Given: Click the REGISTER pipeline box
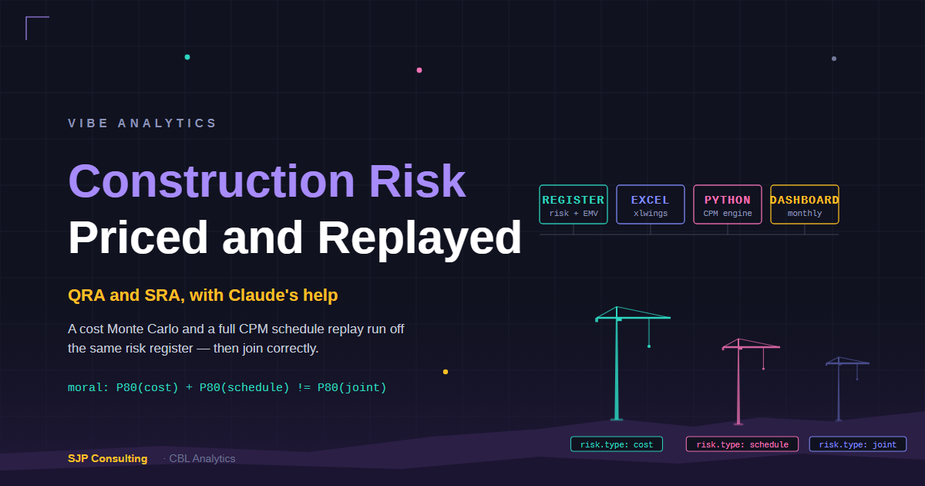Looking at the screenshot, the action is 573,204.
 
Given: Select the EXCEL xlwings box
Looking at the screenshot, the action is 651,204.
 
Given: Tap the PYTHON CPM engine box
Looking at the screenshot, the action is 728,204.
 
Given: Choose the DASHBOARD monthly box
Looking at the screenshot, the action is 805,204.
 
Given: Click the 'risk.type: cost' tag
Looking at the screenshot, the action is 617,444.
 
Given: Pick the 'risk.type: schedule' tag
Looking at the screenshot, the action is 742,444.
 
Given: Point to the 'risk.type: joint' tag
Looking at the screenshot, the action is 858,444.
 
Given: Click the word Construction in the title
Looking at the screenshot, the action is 211,181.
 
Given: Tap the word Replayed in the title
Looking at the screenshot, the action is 419,238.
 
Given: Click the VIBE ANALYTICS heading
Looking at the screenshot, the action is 142,123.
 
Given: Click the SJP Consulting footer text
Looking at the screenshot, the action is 107,458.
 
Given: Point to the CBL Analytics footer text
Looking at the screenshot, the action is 202,458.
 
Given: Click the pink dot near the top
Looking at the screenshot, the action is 419,70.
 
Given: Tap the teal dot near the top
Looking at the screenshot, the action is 187,57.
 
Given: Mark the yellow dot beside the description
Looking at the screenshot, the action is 446,372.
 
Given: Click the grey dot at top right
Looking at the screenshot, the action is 834,59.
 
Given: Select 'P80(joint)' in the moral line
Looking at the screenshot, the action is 351,387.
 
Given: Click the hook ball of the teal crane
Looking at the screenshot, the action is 649,346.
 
